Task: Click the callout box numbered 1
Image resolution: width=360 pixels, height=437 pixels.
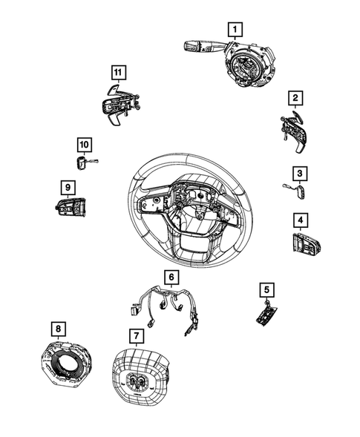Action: coord(235,30)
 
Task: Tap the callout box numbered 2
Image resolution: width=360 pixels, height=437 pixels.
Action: coord(295,98)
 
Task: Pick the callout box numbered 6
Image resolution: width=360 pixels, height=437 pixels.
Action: coord(171,277)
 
